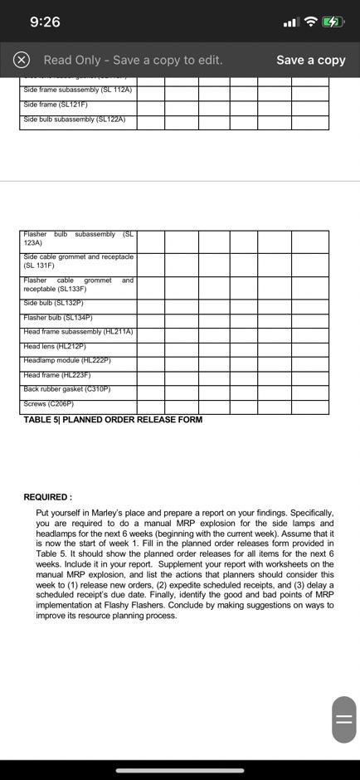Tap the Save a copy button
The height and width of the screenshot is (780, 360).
pos(310,60)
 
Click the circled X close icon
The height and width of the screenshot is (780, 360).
pos(22,60)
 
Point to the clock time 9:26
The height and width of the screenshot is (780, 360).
pos(45,22)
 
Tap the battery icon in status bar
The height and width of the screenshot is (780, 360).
pos(332,22)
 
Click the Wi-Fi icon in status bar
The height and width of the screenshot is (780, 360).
pos(310,22)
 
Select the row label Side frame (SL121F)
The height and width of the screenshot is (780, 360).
pos(56,105)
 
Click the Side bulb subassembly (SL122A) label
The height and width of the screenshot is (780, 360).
pos(75,119)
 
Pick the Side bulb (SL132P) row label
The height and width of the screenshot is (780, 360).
pos(54,303)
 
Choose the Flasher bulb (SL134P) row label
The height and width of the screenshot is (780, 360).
pos(58,317)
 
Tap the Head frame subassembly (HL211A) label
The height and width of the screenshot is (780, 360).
pos(78,332)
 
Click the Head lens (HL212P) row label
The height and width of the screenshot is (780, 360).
pos(54,346)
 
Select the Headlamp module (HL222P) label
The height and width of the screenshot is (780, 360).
pos(67,360)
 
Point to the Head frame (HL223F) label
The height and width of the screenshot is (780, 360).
pos(57,375)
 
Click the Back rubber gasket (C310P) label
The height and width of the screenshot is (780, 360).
pos(67,389)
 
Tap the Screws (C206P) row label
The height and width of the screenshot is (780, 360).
pos(49,403)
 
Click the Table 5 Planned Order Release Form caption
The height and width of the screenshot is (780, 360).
pos(113,420)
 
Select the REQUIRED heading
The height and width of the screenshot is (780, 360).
pos(47,497)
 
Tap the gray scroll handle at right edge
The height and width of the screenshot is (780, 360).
pos(344,719)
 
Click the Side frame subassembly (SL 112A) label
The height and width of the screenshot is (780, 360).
pos(78,90)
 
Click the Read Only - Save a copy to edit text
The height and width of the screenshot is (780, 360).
pos(133,60)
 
